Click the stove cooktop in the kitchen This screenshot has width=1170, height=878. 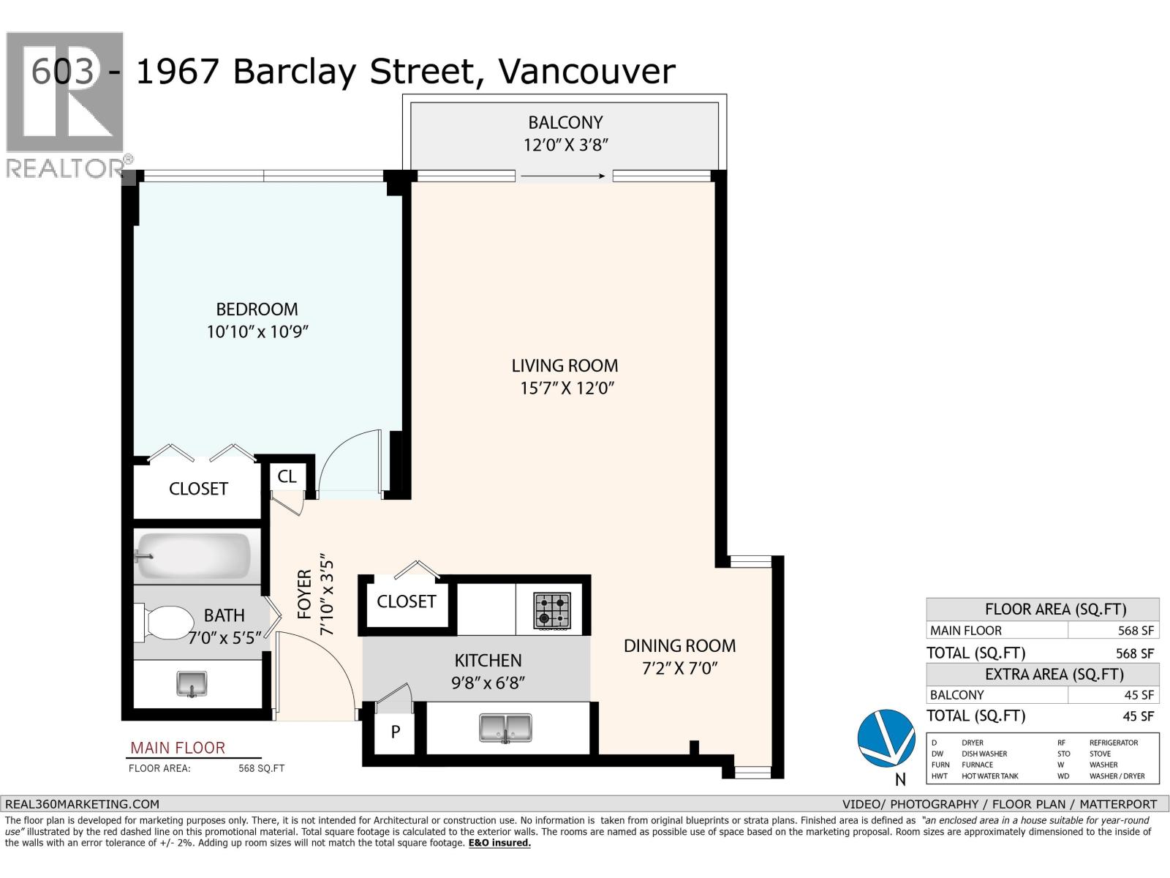tap(552, 611)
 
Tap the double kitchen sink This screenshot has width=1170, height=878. tap(505, 728)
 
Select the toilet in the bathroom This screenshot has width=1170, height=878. tap(165, 623)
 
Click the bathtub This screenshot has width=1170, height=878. tap(192, 556)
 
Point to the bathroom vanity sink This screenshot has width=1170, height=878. tap(192, 684)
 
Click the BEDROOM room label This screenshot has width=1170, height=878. tap(257, 309)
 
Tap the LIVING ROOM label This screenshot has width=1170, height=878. tap(565, 366)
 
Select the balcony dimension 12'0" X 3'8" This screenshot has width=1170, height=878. tap(565, 145)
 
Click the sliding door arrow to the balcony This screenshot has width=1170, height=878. tap(563, 176)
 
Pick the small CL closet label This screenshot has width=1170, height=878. tap(287, 476)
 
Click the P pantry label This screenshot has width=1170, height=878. tap(395, 732)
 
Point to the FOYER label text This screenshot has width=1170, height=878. tap(304, 594)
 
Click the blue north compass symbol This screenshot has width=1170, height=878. tap(886, 738)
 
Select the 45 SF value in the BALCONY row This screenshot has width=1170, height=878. tap(1139, 695)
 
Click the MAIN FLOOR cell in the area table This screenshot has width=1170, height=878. tap(966, 631)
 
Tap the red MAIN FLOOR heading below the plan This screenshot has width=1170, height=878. tap(178, 748)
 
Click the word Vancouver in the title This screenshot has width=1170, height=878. tap(587, 72)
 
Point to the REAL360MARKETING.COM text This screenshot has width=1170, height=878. tap(82, 804)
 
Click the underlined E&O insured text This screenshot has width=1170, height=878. tap(499, 843)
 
